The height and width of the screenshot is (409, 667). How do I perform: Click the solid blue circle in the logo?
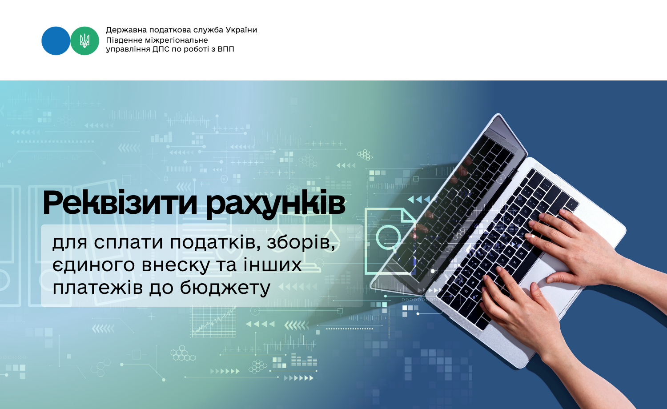(56, 41)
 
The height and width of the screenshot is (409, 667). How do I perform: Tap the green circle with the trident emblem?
(84, 41)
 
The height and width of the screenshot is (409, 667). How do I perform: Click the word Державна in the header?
(126, 30)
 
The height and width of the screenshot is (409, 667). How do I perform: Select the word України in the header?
(241, 30)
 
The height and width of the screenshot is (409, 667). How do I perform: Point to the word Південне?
(125, 40)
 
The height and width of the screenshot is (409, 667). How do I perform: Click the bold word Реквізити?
(120, 203)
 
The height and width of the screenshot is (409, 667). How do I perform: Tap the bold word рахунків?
(276, 204)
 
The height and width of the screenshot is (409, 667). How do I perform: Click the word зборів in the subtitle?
(301, 243)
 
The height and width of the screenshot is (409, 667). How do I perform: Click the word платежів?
(98, 288)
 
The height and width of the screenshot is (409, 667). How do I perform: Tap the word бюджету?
(225, 288)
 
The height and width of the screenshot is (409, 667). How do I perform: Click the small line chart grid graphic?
(213, 322)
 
